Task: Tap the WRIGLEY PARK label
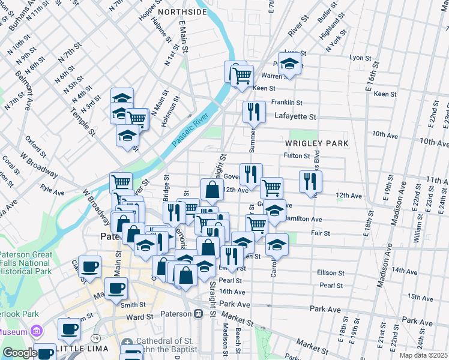point(316,144)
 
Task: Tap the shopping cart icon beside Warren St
point(241,76)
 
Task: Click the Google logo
point(20,353)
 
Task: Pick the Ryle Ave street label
point(52,190)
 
